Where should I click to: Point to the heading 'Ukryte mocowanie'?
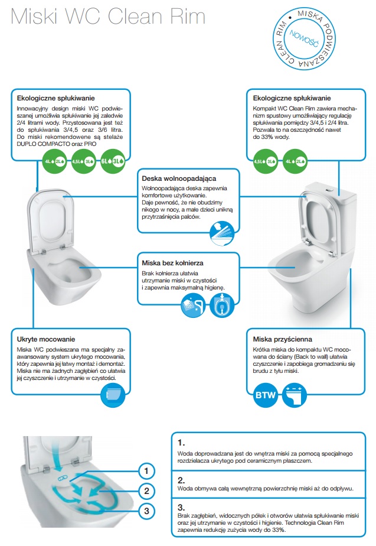(x=46, y=339)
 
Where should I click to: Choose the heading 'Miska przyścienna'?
(x=282, y=339)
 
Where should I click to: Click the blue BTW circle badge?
(x=266, y=395)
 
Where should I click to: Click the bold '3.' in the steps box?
(x=181, y=506)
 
